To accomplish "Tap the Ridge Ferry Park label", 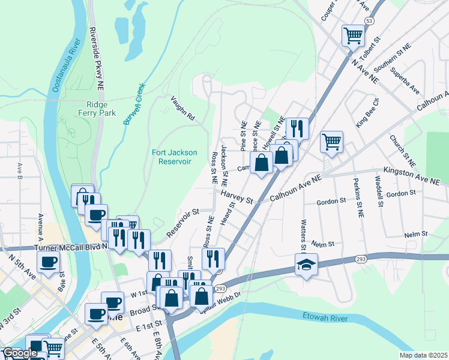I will (x=92, y=107).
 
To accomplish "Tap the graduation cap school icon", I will (x=306, y=265).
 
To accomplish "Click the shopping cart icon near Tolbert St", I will (x=352, y=35).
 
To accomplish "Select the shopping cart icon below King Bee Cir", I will (x=331, y=142).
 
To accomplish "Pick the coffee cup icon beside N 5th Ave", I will (x=48, y=261).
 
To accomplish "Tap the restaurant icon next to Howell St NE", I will (x=297, y=128).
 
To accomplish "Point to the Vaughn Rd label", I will (x=183, y=109).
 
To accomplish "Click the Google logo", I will (x=19, y=353).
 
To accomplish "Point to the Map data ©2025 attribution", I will (x=423, y=355).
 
